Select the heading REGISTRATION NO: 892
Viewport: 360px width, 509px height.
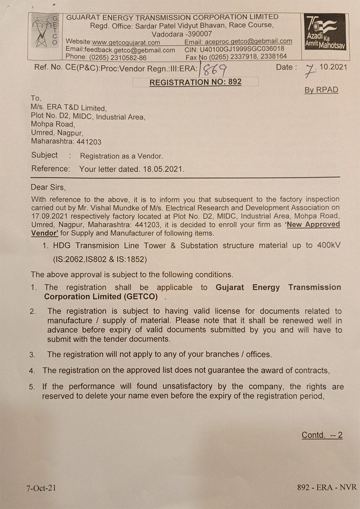195,82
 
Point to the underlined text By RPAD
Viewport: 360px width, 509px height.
321,90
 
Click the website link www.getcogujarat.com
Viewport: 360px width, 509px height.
126,42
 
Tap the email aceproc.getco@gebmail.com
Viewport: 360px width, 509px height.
248,42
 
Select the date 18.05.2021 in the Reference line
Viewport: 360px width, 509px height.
163,169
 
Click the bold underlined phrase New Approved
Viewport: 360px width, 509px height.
313,224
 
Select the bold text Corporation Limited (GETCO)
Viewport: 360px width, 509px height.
101,297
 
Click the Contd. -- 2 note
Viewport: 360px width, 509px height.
322,435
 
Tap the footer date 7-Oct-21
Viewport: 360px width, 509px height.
41,488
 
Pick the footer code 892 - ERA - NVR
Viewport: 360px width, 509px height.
327,487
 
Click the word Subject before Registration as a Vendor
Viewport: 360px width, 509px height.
44,155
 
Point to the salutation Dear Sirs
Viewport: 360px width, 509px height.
48,187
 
